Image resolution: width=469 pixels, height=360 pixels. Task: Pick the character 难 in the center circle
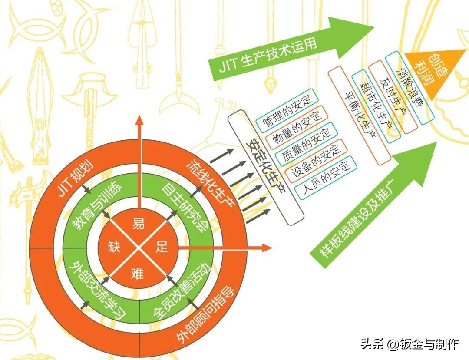coord(138,273)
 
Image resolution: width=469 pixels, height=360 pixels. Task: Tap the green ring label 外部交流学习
coord(91,289)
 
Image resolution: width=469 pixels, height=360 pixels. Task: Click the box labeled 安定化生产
coord(264,167)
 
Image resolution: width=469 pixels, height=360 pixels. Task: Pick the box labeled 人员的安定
coord(325,179)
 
